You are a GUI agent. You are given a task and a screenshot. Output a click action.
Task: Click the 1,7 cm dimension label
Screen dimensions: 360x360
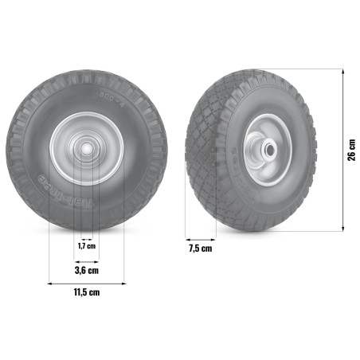tap(87, 246)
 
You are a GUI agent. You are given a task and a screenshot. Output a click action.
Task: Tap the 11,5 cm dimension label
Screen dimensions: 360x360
tap(87, 293)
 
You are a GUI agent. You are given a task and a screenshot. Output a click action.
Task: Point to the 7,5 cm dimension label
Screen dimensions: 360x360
tap(201, 248)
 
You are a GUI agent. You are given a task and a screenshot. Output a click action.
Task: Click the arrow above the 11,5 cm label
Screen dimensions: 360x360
tap(87, 282)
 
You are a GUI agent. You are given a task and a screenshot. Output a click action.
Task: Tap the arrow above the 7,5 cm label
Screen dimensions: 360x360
tap(201, 238)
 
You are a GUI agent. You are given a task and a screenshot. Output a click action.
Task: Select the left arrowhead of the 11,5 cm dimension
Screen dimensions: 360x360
tap(50, 282)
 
